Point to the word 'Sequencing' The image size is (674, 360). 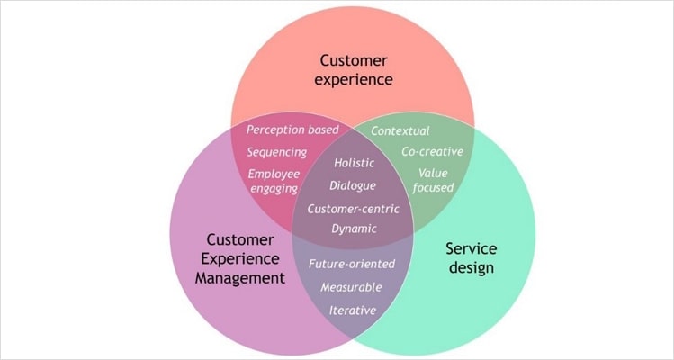[276, 152]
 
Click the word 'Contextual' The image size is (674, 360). [400, 131]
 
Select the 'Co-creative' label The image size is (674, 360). [432, 151]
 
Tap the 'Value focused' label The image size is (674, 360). [434, 179]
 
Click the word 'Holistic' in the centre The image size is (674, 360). [354, 164]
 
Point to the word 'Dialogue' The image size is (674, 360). [353, 185]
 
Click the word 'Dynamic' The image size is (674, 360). [354, 229]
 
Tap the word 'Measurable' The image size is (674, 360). [351, 287]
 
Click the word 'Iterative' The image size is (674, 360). [352, 310]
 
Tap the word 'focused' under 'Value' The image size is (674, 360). [434, 187]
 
